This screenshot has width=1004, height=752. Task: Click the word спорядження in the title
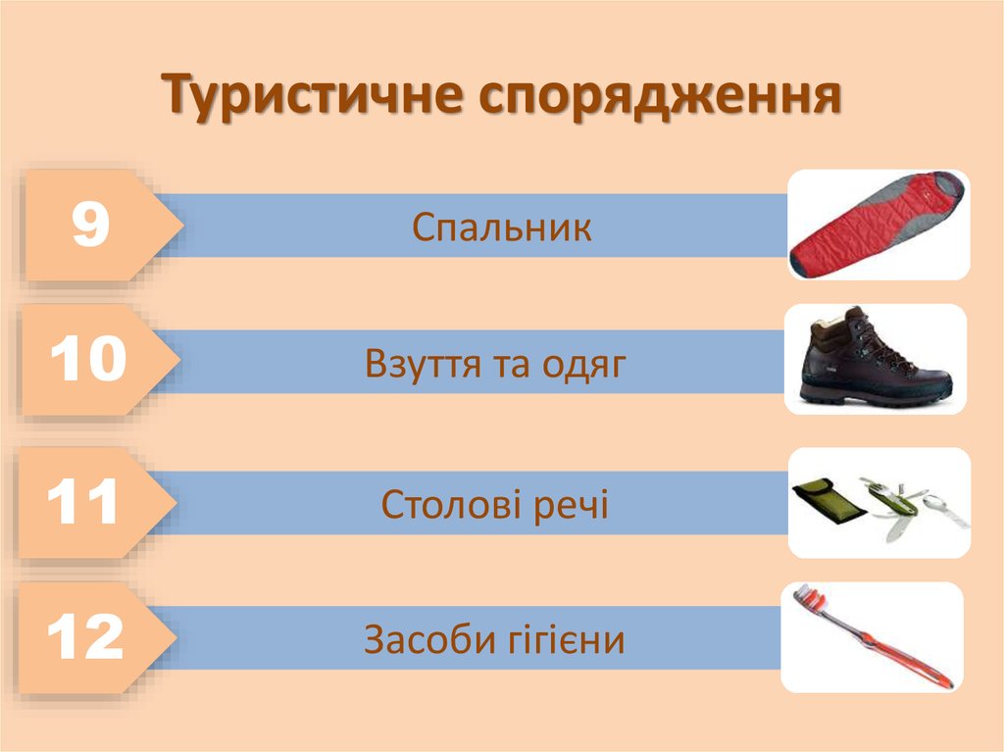coord(660,96)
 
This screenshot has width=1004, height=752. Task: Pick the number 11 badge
coord(83,503)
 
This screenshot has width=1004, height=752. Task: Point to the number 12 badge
coord(85,639)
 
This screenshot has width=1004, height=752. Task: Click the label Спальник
coord(502,228)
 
